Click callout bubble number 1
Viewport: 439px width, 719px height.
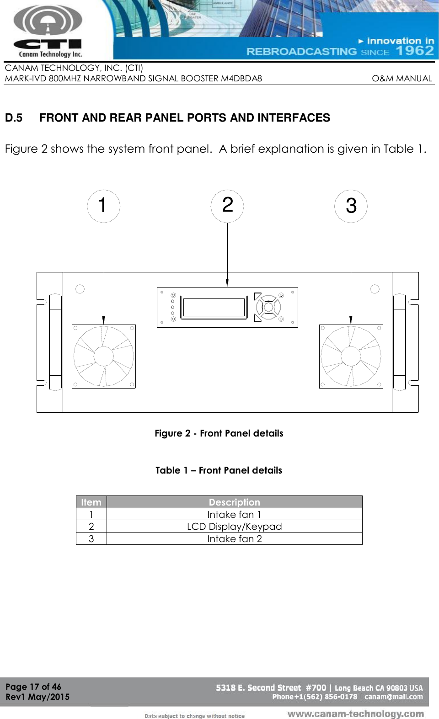(103, 206)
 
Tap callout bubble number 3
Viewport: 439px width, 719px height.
(351, 206)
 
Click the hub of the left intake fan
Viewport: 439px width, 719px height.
(104, 357)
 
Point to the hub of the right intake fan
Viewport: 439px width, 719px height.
(351, 357)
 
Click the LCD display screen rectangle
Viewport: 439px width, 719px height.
(214, 307)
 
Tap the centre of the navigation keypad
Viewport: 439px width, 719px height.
(268, 307)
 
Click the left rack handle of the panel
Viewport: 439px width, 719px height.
(55, 342)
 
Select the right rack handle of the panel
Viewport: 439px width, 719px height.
(399, 342)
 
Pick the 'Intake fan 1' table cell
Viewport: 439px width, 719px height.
(234, 514)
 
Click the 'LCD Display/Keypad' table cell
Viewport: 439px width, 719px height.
(234, 527)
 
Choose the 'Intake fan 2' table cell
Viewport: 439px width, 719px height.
(234, 539)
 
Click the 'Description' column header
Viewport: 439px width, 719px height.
(234, 502)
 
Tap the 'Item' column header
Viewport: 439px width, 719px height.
(91, 502)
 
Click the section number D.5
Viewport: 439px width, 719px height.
(14, 118)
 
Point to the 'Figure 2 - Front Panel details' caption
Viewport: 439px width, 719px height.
(219, 433)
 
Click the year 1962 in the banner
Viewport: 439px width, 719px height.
(415, 50)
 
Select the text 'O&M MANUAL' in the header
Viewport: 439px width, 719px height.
(402, 79)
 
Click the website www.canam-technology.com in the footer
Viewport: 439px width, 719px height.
(355, 714)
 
